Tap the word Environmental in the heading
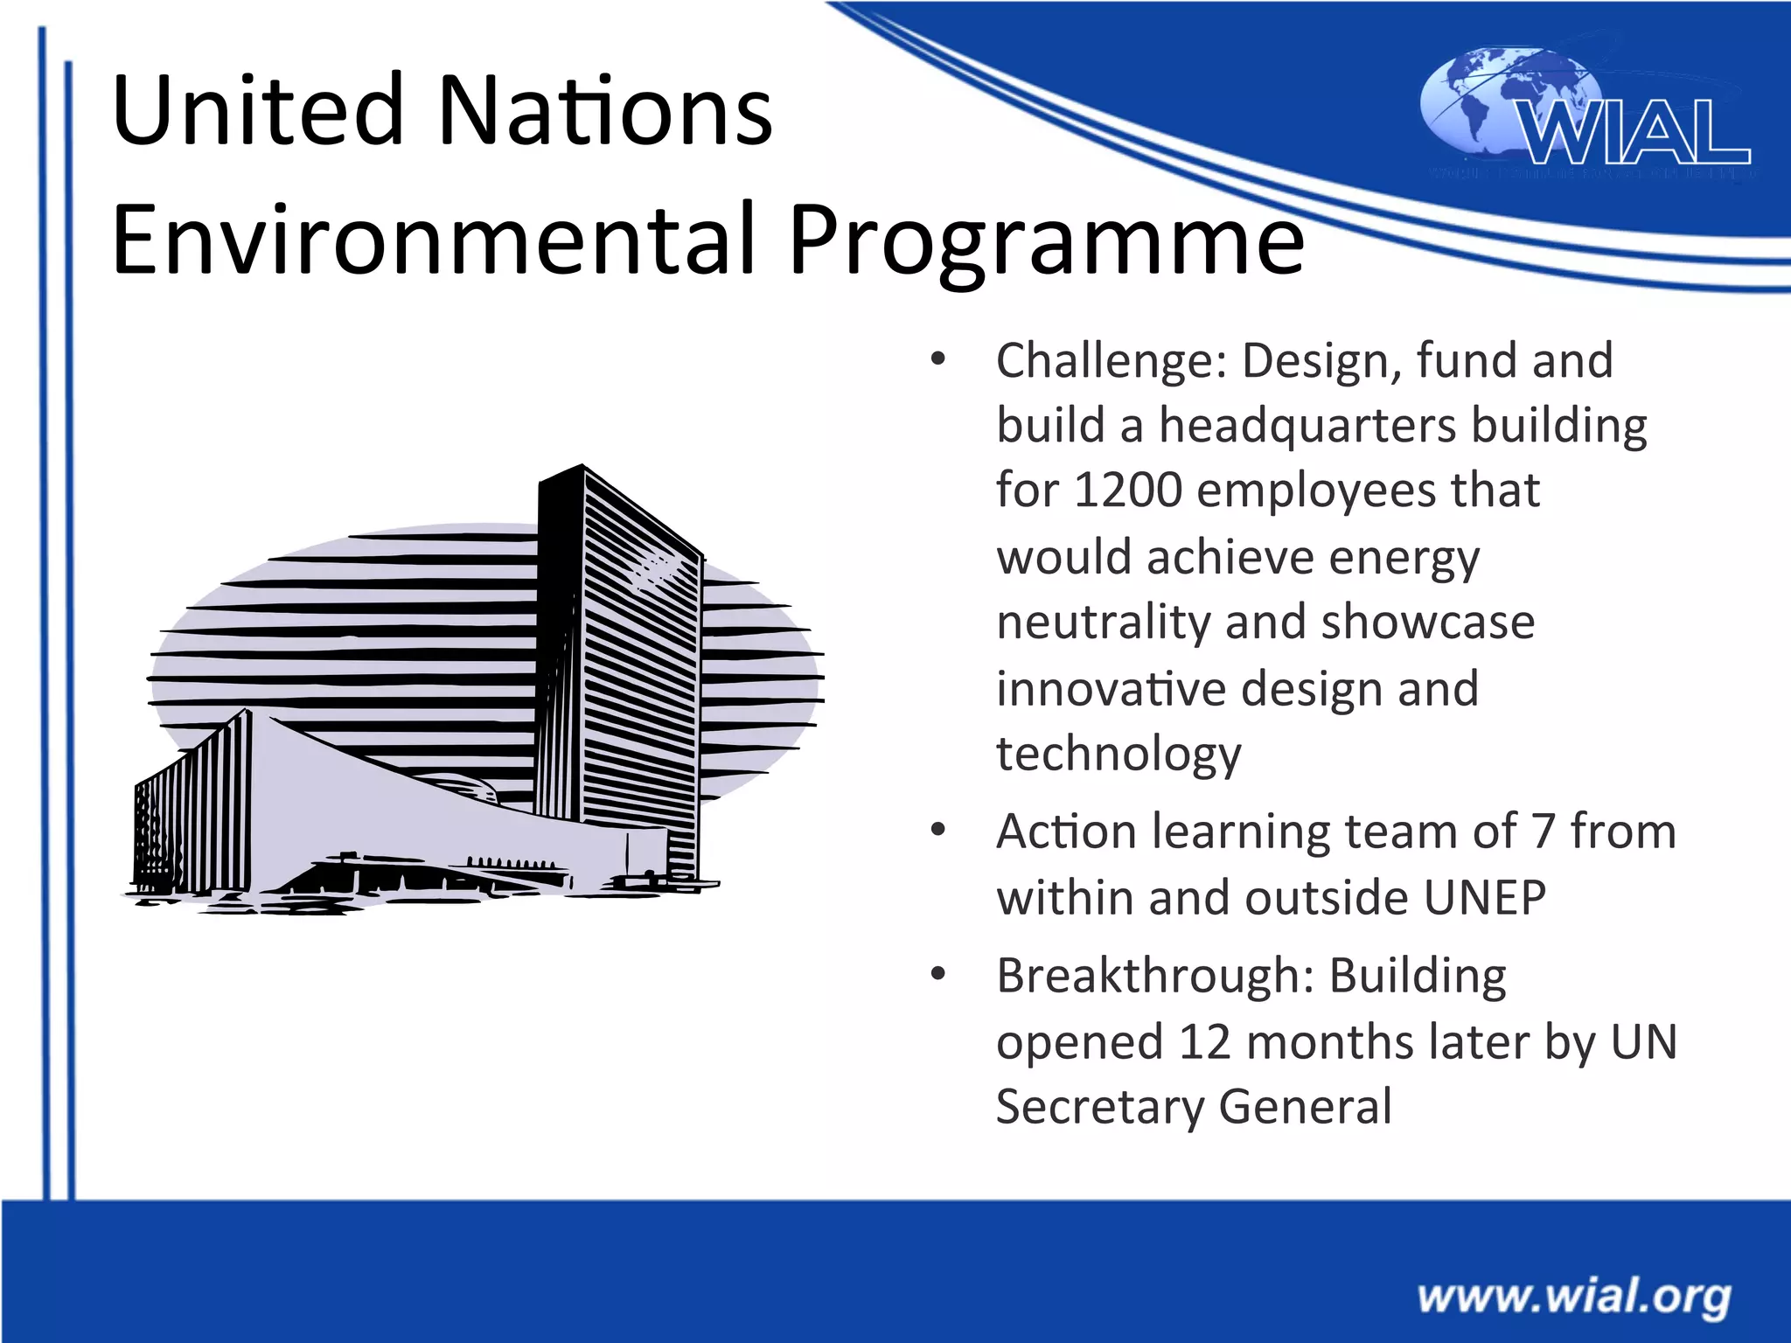tap(433, 240)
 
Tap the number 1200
tap(1127, 490)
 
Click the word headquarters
tap(1307, 426)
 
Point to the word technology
tap(1118, 754)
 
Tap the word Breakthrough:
tap(1154, 975)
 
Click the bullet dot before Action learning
tap(938, 830)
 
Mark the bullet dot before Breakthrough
tap(938, 974)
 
